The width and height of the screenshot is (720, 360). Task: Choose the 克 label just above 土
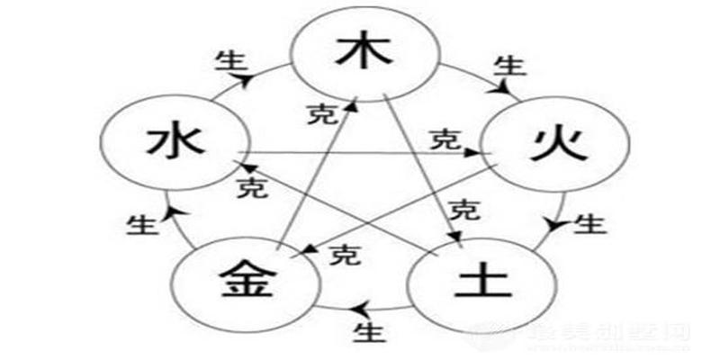(x=464, y=211)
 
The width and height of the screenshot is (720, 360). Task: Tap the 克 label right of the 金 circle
(x=342, y=255)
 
